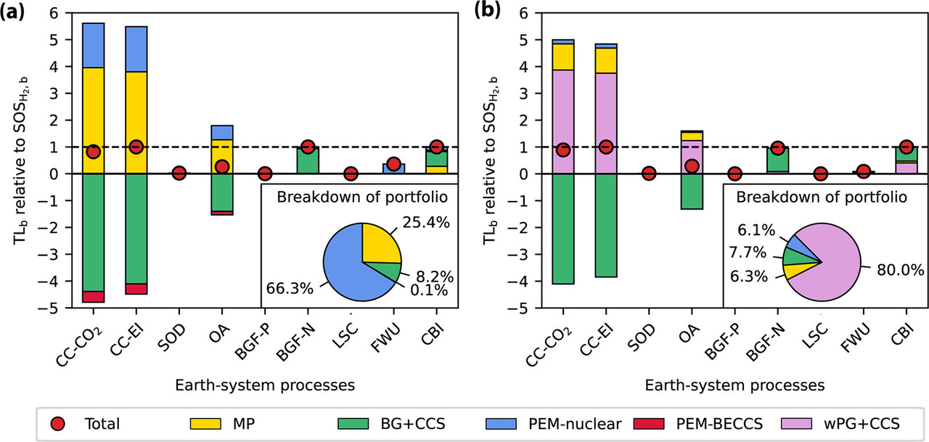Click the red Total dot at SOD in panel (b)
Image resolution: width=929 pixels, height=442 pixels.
point(648,173)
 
